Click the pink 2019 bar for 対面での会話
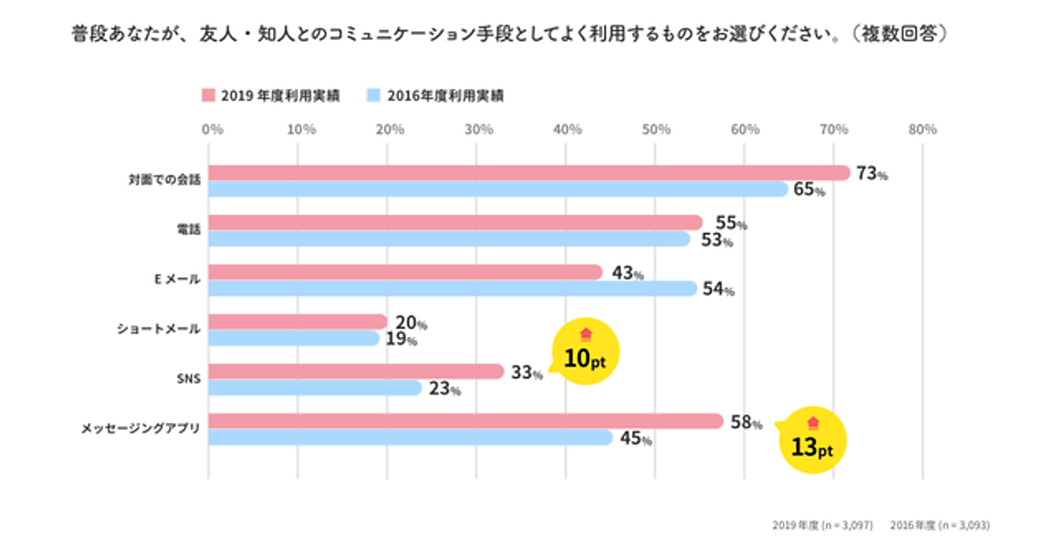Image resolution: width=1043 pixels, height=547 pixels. point(528,173)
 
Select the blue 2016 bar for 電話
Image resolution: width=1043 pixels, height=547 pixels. point(448,239)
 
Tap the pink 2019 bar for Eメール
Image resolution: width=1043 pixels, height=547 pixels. point(405,273)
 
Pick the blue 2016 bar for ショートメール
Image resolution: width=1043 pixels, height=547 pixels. point(294,338)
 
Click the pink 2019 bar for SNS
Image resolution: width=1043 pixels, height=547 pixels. point(355,372)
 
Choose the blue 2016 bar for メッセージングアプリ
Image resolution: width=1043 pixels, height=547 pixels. point(410,438)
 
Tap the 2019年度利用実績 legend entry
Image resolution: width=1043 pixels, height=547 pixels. point(270,96)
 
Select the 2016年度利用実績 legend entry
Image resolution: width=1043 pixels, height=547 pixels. point(435,96)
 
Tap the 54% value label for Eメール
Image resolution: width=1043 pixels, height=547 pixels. point(718,289)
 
